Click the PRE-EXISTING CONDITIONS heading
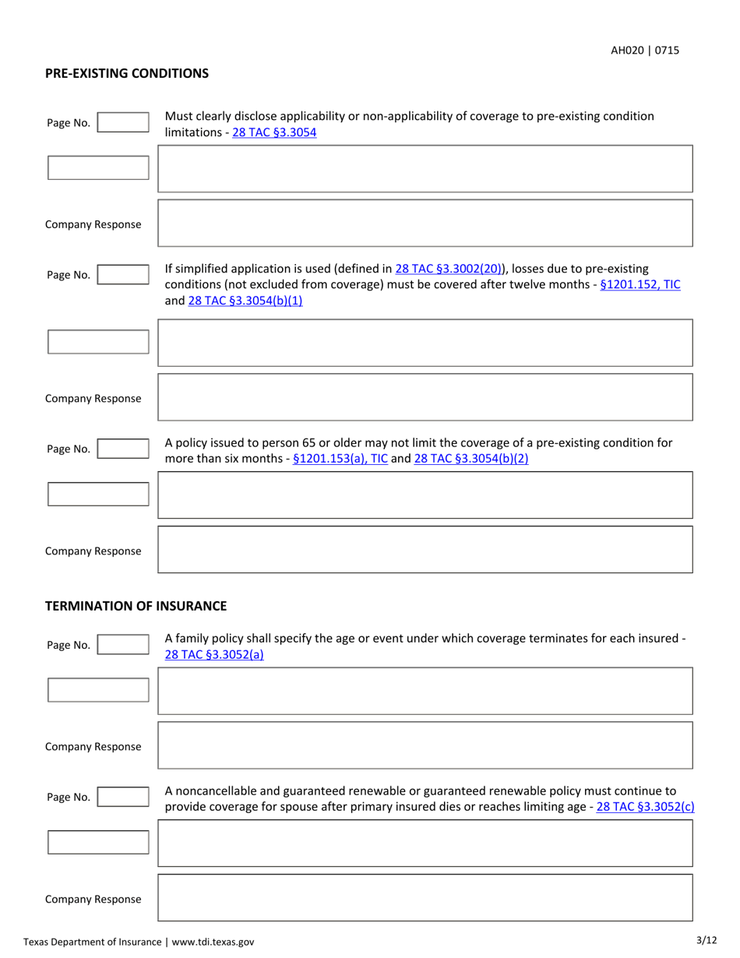[x=127, y=73]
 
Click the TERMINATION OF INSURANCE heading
[x=136, y=605]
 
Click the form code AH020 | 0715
[x=644, y=50]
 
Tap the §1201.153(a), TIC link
[x=340, y=459]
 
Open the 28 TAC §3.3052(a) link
[x=214, y=654]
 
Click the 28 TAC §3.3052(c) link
[x=644, y=807]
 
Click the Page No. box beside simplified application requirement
[x=122, y=274]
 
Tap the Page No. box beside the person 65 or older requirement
[x=122, y=449]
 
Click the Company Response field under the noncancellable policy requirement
[x=425, y=897]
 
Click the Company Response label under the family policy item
[x=93, y=746]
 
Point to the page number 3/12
[x=707, y=941]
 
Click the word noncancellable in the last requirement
[x=214, y=792]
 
